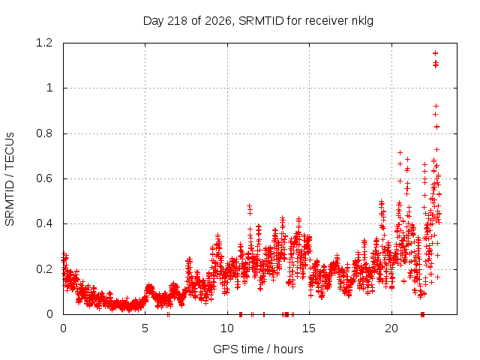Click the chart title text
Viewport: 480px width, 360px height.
[x=258, y=21]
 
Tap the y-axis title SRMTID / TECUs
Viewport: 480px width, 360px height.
[x=10, y=179]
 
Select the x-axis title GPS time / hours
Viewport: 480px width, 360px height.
[x=258, y=349]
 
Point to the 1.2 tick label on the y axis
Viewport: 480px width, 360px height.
[x=44, y=43]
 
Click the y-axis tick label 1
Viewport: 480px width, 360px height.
[x=49, y=88]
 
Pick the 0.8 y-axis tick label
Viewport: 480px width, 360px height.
[x=44, y=133]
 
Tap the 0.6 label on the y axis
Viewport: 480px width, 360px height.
[x=44, y=178]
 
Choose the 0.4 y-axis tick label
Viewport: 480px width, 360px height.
[x=44, y=223]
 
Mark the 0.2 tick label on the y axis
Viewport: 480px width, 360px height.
[x=44, y=269]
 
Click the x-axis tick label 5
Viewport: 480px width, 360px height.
[x=145, y=328]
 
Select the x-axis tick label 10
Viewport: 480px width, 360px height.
[x=227, y=328]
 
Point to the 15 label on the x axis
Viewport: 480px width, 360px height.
[x=309, y=328]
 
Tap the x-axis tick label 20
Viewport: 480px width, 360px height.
[x=391, y=328]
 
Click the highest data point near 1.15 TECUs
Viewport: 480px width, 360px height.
[x=435, y=53]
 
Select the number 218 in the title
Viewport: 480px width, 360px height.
[x=178, y=21]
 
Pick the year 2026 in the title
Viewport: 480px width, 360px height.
[x=218, y=21]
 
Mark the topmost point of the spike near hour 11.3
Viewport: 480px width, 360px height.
[x=250, y=205]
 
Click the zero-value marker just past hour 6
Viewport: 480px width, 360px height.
[x=168, y=314]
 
